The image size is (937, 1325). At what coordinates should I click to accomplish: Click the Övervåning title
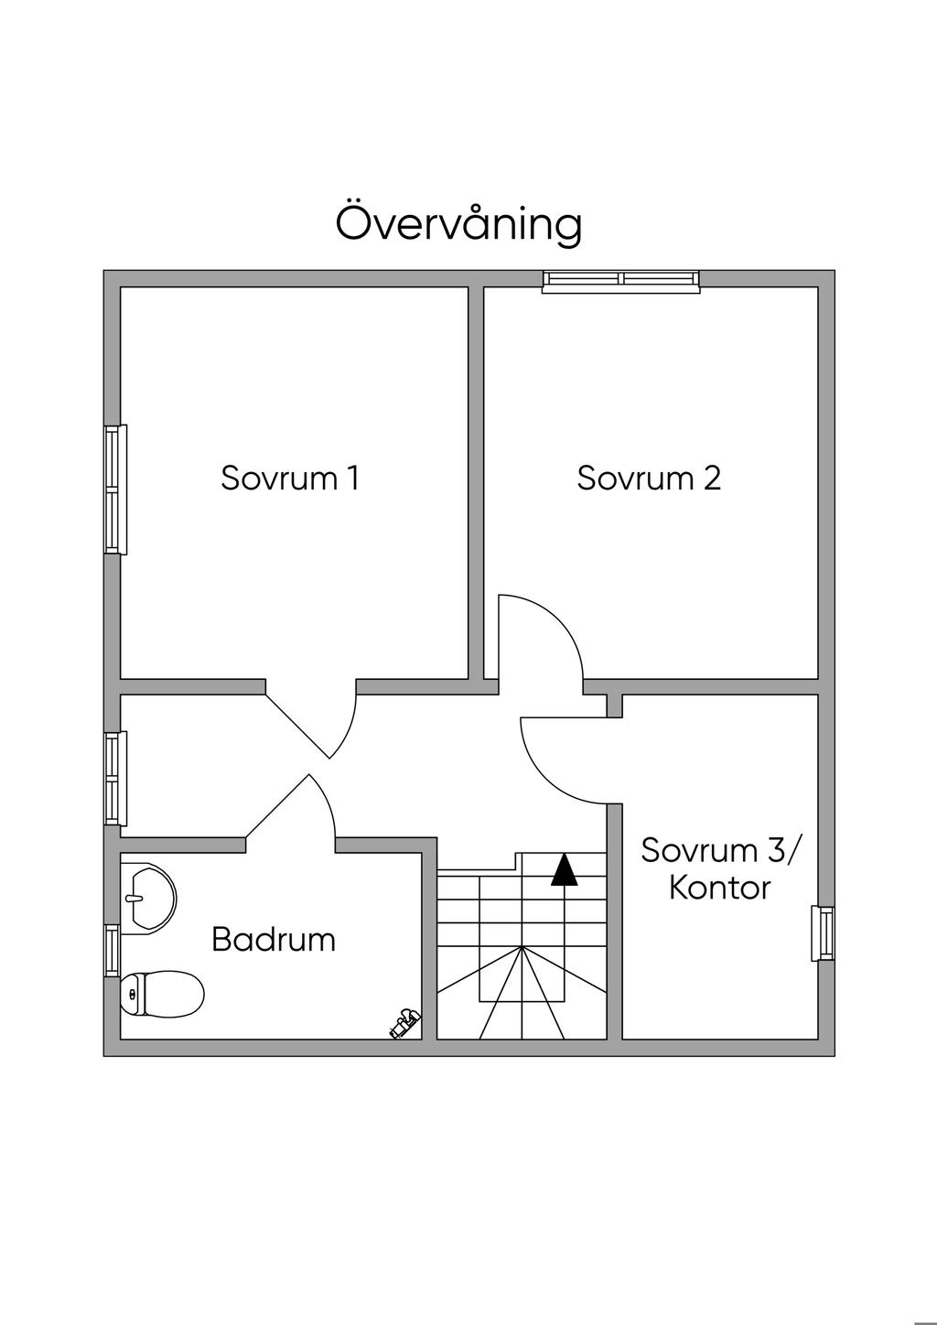pos(459,225)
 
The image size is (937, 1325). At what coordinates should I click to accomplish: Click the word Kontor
pos(720,889)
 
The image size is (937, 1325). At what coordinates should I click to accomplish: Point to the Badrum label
pos(274,940)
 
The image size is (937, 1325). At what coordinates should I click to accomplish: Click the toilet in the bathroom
pos(162,995)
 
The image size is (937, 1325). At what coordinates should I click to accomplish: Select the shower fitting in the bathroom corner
pos(405,1023)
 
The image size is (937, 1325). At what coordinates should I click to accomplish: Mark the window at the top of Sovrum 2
pos(621,281)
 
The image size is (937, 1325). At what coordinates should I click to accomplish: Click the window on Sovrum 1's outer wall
pos(115,490)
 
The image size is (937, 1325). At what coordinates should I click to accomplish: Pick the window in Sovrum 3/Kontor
pos(823,933)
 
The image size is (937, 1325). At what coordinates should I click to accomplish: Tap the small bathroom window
pos(112,951)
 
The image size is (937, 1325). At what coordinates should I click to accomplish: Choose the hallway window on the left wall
pos(115,779)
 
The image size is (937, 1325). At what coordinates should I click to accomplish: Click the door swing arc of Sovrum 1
pos(349,728)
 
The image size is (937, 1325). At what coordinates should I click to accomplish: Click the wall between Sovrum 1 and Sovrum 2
pos(476,482)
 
